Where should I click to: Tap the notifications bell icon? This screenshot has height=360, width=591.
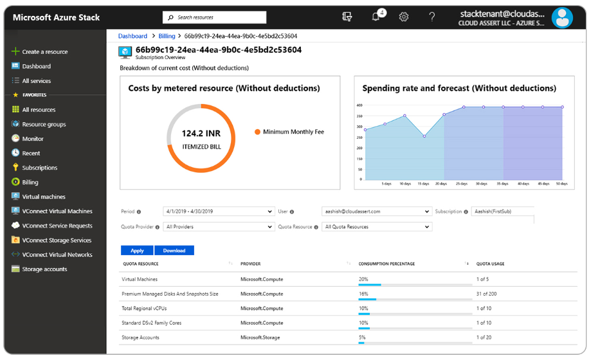pyautogui.click(x=376, y=17)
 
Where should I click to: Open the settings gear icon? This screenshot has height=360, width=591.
pyautogui.click(x=404, y=17)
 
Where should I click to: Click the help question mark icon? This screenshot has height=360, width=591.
pyautogui.click(x=432, y=17)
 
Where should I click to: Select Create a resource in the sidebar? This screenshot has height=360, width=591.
pyautogui.click(x=44, y=52)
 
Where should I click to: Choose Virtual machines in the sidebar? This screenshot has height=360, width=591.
pyautogui.click(x=43, y=197)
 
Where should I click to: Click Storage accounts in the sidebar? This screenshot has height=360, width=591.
pyautogui.click(x=44, y=269)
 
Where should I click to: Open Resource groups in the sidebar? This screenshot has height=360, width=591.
pyautogui.click(x=44, y=125)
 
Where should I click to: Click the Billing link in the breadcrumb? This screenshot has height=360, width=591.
pyautogui.click(x=167, y=37)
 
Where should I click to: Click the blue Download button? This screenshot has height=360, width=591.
pyautogui.click(x=174, y=251)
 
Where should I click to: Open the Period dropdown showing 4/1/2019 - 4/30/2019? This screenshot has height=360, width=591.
pyautogui.click(x=219, y=212)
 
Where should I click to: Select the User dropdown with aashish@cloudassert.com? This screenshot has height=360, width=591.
pyautogui.click(x=376, y=212)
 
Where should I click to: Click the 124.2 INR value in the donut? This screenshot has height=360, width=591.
pyautogui.click(x=201, y=134)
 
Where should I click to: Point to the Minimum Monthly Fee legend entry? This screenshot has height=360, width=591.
pyautogui.click(x=293, y=132)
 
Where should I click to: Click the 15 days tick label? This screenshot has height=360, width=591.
pyautogui.click(x=423, y=183)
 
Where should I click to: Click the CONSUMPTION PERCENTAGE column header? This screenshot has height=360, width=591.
pyautogui.click(x=386, y=264)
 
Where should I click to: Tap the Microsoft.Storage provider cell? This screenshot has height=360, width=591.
pyautogui.click(x=261, y=337)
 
